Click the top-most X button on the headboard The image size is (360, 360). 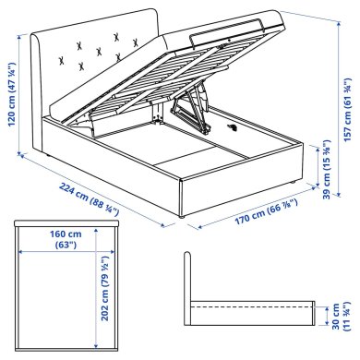[x=116, y=37]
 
